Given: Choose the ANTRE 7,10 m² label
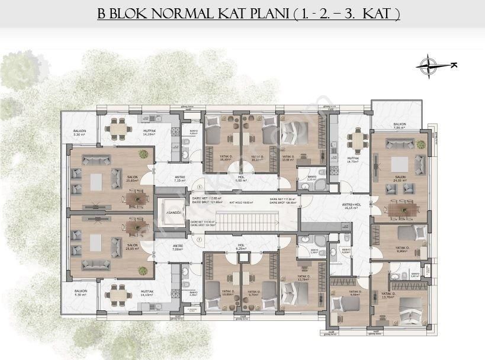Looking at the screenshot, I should (x=178, y=179).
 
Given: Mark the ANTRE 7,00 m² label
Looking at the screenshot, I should (x=178, y=247).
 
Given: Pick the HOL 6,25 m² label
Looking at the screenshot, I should (x=241, y=248).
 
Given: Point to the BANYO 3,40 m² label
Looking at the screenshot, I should (x=416, y=275).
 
